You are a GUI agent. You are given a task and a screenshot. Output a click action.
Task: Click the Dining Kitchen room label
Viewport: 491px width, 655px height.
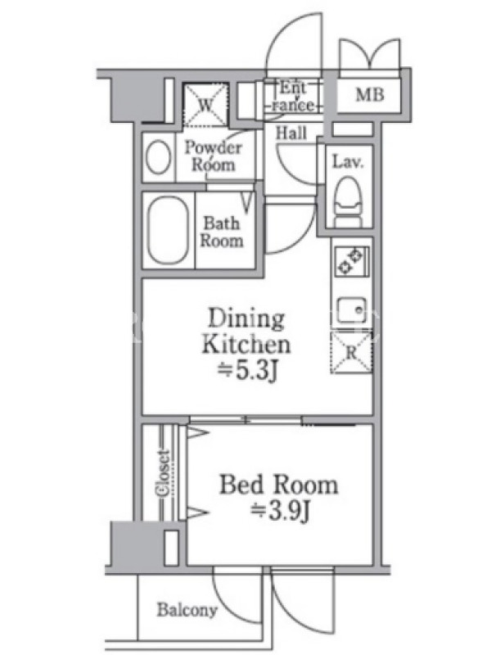coord(246,332)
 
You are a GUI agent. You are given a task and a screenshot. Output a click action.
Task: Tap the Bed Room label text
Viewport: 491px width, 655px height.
coord(278,485)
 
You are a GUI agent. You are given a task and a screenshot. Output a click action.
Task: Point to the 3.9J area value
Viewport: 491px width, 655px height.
coord(281,511)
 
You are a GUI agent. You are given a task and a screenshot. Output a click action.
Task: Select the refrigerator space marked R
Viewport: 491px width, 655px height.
coord(351,352)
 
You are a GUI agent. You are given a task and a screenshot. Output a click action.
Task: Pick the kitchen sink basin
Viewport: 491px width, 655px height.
coord(352,309)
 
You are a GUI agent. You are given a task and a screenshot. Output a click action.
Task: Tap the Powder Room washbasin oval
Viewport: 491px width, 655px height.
coord(159,157)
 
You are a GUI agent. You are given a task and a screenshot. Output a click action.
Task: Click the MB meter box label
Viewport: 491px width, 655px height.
coord(370,95)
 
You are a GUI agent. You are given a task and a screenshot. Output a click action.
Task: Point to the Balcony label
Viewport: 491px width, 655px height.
coord(187,610)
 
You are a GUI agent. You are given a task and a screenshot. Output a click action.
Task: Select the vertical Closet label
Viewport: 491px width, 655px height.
coord(163,473)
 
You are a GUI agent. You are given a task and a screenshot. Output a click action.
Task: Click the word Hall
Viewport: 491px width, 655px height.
coord(291,133)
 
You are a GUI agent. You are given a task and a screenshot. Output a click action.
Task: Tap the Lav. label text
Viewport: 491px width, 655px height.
coord(348,161)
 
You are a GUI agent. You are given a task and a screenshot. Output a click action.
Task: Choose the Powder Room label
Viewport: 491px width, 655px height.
coord(213,156)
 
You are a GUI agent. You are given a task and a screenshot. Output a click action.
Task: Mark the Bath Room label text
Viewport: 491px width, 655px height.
coord(221,233)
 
